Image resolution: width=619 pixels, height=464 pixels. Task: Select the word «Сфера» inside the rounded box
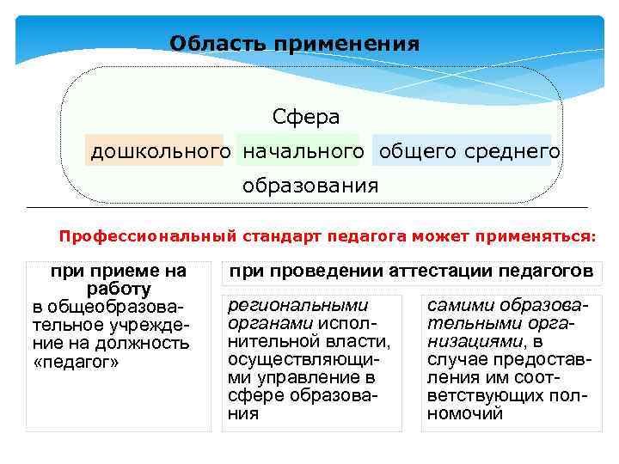pos(306,116)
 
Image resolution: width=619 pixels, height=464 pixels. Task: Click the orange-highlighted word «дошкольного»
pos(161,152)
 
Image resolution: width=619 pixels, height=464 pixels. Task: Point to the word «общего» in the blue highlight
pos(411,152)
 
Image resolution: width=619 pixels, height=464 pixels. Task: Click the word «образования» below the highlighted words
pos(310,186)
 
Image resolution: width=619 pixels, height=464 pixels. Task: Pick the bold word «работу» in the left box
pos(119,290)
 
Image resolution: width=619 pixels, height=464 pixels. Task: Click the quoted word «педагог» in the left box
pos(77,362)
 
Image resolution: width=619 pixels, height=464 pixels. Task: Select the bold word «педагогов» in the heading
pos(545,272)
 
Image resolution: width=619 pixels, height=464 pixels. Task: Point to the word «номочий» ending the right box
pos(464,413)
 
